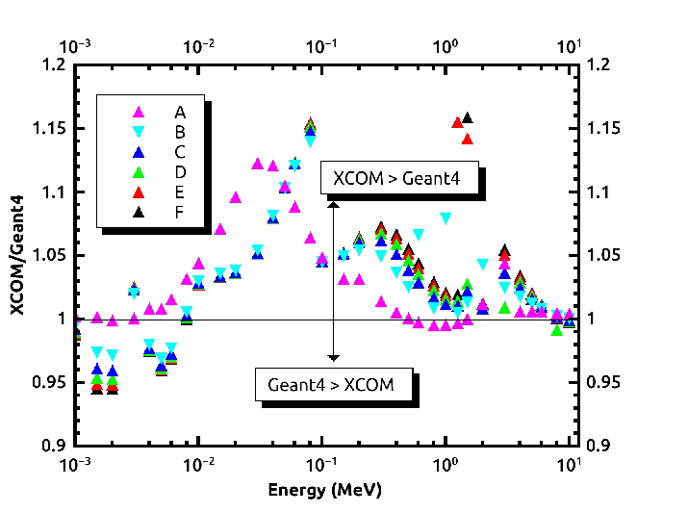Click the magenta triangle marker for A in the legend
tap(139, 112)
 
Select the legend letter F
tap(179, 213)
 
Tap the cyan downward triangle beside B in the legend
tap(139, 132)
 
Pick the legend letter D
tap(180, 172)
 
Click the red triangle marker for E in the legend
tap(139, 192)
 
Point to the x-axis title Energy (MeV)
tap(324, 490)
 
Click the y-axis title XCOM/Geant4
tap(17, 255)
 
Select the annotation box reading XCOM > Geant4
tap(399, 178)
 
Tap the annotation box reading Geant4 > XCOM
tap(334, 384)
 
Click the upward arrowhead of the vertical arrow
tap(334, 204)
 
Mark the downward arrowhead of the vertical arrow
tap(334, 358)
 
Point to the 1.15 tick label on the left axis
tap(49, 129)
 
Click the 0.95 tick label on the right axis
tap(603, 382)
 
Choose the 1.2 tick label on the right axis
tap(599, 64)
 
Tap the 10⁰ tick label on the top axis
tap(446, 46)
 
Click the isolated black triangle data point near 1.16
tap(468, 117)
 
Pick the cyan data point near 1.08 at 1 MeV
tap(446, 218)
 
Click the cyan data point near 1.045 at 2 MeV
tap(483, 264)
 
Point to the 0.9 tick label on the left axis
tap(54, 447)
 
